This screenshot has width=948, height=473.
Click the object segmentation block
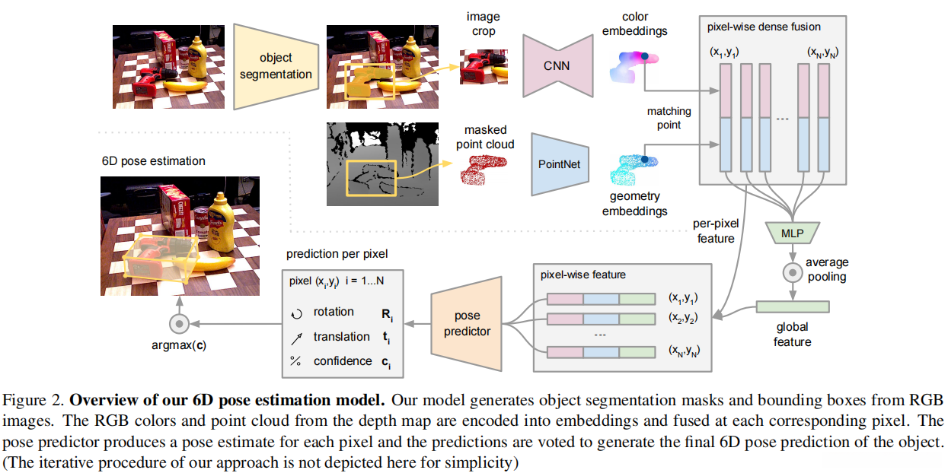pos(275,65)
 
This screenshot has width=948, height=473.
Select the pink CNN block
pos(557,65)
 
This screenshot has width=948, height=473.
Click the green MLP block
pos(793,231)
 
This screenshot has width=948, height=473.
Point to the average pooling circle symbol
pos(793,271)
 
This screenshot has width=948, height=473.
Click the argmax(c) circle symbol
pos(179,324)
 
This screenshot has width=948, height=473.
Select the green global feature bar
pos(793,306)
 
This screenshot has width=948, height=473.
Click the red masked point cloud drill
pos(484,170)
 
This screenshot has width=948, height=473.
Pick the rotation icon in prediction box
pos(297,313)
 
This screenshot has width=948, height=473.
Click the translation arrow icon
pos(297,337)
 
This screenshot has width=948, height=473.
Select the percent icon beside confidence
pos(297,362)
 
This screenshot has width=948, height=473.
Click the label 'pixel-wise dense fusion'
pos(764,27)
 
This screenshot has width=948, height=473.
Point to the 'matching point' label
pos(669,118)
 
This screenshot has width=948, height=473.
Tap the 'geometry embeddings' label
pos(634,204)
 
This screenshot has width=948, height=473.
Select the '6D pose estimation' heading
pos(153,161)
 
